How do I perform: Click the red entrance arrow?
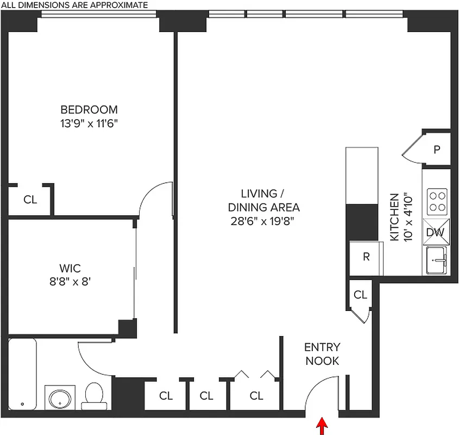(x=323, y=426)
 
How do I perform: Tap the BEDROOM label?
(x=89, y=109)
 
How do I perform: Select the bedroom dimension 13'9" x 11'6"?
(x=89, y=123)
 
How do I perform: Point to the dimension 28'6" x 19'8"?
(x=263, y=221)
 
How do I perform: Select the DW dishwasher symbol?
(x=436, y=232)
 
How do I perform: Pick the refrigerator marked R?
(x=366, y=257)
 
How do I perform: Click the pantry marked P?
(x=436, y=150)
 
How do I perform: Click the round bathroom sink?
(x=58, y=399)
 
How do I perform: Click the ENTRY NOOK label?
(x=322, y=354)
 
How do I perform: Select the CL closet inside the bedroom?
(x=30, y=200)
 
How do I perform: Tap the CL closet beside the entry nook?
(x=360, y=295)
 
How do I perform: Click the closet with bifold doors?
(x=256, y=395)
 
